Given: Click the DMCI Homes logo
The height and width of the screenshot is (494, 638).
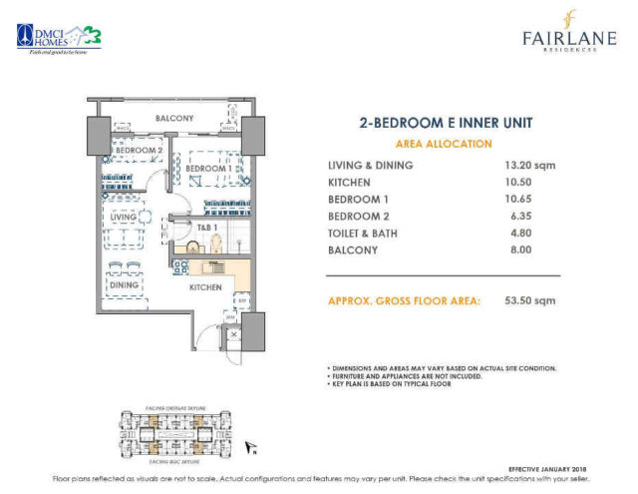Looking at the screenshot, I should coord(59,37).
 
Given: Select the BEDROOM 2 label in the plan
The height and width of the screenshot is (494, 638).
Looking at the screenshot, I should coord(137,151).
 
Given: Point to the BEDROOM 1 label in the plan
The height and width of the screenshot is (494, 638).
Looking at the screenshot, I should coord(208,169).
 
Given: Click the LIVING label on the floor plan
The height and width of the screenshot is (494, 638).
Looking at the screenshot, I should coord(124,216).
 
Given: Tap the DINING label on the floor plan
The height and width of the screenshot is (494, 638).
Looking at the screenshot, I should coord(125,285).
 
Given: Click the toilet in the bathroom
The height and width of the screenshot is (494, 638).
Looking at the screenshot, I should coord(192,246).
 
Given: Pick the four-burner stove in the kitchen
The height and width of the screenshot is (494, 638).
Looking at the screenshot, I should coord(180,266).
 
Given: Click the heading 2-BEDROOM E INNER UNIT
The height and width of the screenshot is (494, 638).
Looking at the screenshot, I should coord(445,124).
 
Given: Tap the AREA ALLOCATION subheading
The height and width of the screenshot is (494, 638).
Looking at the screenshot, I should coord(445,144).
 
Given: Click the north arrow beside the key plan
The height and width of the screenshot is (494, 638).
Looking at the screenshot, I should coord(255,449).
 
